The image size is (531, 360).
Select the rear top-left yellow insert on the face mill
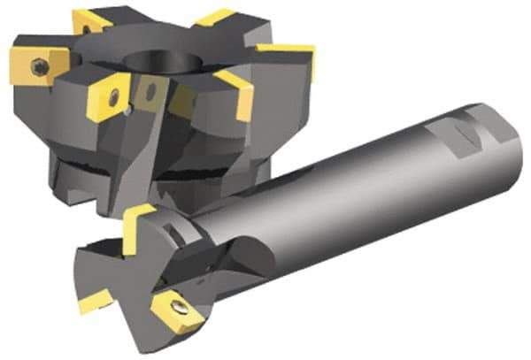point(91,19)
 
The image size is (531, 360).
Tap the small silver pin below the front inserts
point(130,111)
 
